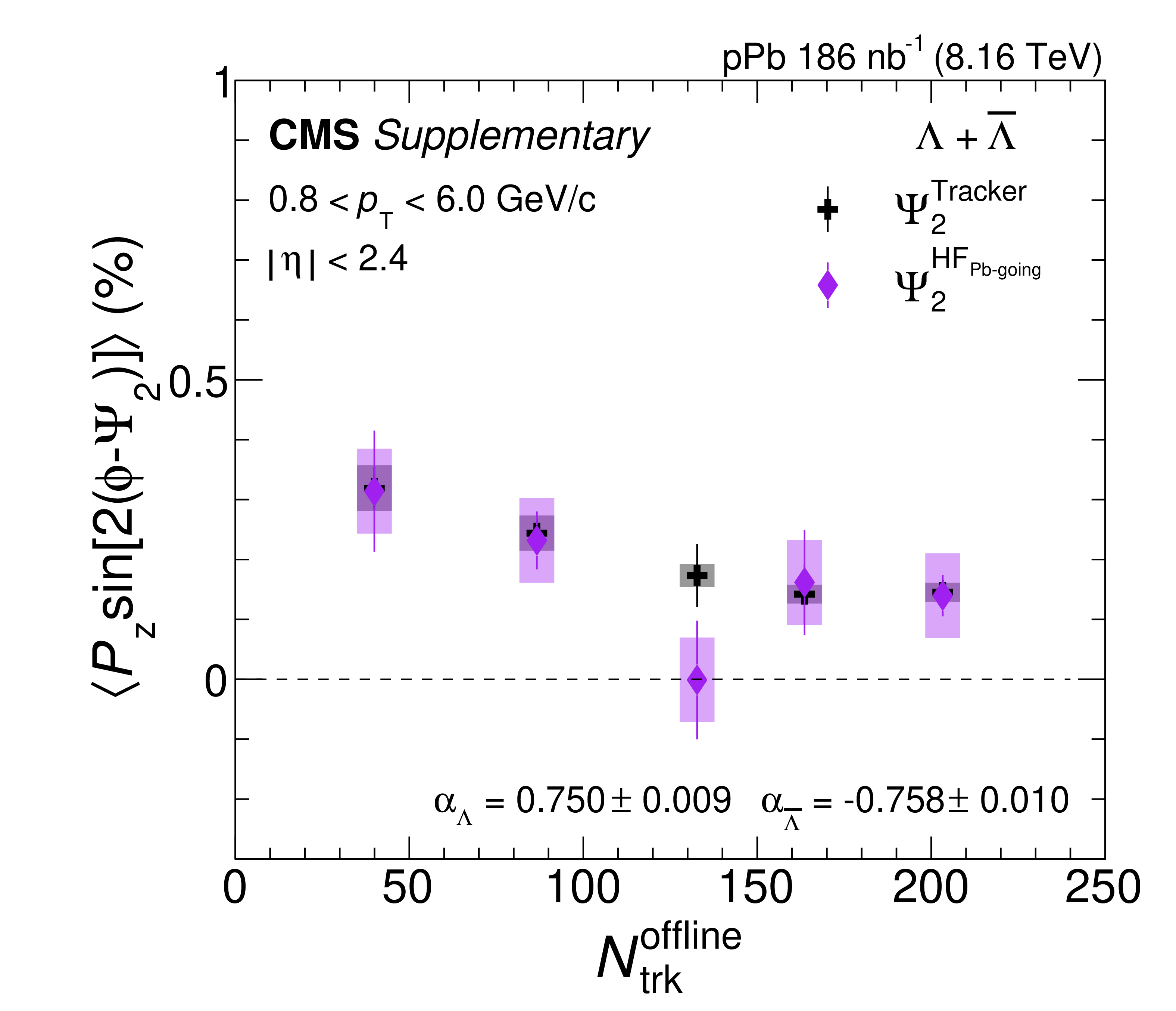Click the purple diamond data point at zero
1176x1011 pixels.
[697, 679]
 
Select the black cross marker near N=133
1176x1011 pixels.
[697, 575]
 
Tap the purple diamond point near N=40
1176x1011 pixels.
[374, 491]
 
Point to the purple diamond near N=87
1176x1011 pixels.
[536, 540]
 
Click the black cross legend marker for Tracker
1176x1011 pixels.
[827, 209]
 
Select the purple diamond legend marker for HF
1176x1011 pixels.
[827, 285]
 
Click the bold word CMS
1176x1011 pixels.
[314, 136]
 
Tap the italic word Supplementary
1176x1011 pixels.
[511, 137]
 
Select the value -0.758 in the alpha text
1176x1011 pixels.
[894, 800]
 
